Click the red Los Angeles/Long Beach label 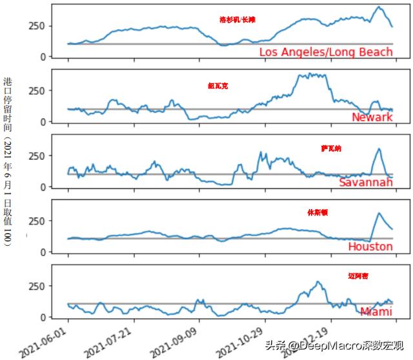pyautogui.click(x=325, y=52)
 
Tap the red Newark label pyautogui.click(x=372, y=117)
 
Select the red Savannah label pyautogui.click(x=365, y=183)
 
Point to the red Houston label pyautogui.click(x=370, y=246)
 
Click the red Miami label pyautogui.click(x=376, y=312)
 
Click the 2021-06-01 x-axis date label pyautogui.click(x=42, y=341)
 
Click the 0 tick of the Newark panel pyautogui.click(x=43, y=121)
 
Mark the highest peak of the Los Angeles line pyautogui.click(x=379, y=7)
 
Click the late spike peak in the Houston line pyautogui.click(x=379, y=214)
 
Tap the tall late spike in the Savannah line pyautogui.click(x=379, y=149)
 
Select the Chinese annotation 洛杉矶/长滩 pyautogui.click(x=237, y=20)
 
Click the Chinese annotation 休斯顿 pyautogui.click(x=317, y=212)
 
